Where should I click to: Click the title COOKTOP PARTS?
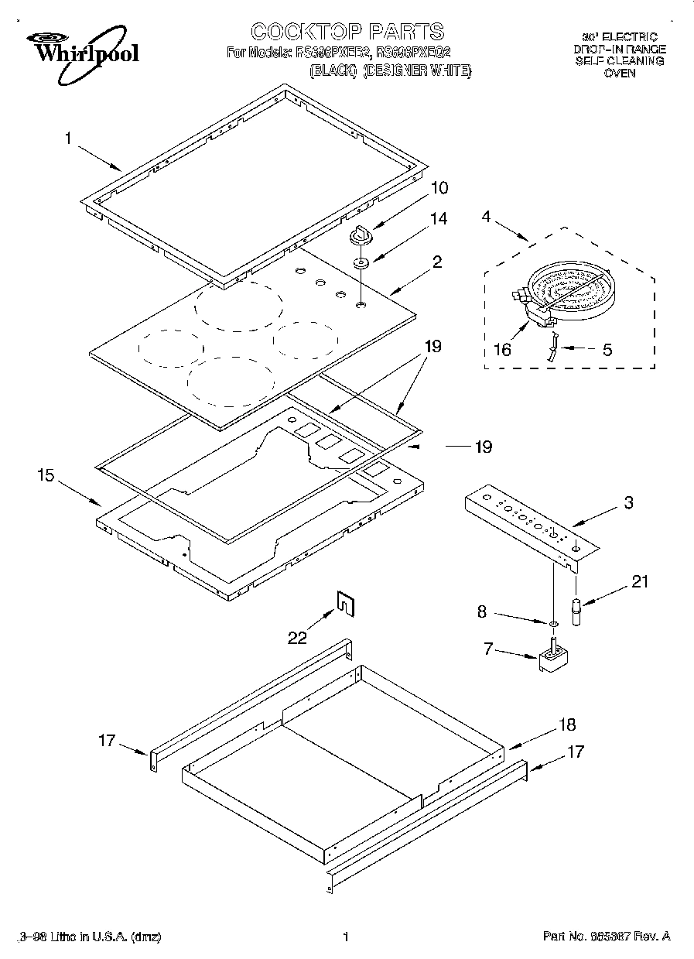click(347, 32)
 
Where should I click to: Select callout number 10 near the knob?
click(439, 188)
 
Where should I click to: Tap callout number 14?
click(439, 219)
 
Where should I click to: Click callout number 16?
click(502, 350)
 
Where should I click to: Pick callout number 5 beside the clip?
click(607, 349)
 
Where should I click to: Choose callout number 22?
click(297, 637)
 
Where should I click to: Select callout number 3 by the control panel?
click(628, 503)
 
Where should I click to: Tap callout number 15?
click(46, 475)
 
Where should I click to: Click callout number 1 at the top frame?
click(68, 139)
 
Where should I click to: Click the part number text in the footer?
click(607, 937)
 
